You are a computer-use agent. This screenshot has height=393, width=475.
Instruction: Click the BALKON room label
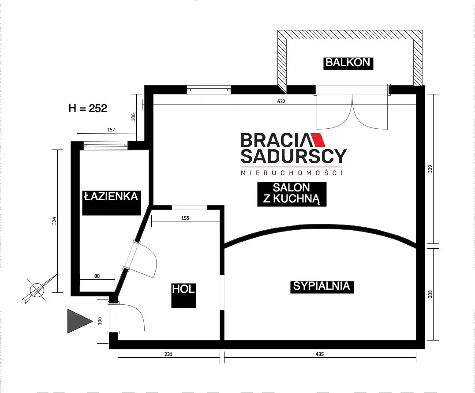point(348,63)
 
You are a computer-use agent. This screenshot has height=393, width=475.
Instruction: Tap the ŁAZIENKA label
point(112,197)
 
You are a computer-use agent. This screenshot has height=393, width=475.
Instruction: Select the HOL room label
point(183,289)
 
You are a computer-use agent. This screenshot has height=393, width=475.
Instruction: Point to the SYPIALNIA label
point(322,286)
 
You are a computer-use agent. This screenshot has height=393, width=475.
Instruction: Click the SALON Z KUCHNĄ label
point(292,194)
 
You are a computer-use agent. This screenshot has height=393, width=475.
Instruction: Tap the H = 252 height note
point(88,108)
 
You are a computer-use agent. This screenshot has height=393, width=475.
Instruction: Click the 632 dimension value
point(281,101)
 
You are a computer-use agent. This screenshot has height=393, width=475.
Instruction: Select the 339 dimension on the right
point(430,169)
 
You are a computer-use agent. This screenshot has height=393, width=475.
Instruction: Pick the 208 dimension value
point(430,294)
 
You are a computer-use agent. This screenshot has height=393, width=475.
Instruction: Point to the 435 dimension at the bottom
point(320,354)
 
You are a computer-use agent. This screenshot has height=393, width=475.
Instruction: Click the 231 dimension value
point(168,354)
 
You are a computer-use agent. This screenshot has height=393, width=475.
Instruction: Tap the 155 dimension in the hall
point(185,218)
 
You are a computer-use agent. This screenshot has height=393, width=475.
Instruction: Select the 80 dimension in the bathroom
point(97,276)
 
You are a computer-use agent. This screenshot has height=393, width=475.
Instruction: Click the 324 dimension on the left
point(55,221)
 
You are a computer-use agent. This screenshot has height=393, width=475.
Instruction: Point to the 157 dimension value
point(111,130)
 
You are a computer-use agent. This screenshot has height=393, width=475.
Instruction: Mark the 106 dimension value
point(133,117)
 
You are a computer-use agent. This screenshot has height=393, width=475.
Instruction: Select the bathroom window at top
point(105,146)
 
